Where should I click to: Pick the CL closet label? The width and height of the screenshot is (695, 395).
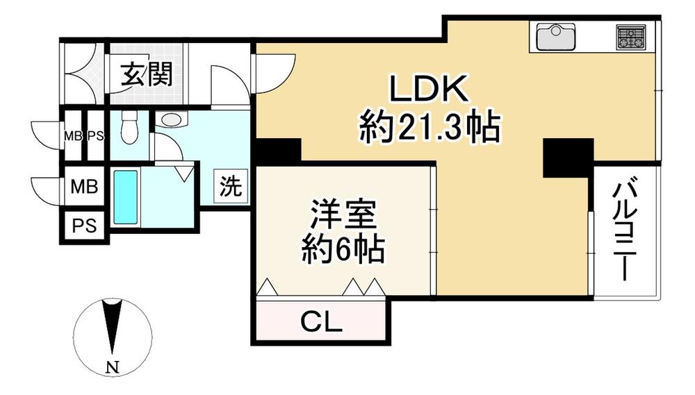click(x=320, y=322)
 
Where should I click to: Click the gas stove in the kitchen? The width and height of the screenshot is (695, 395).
click(x=630, y=37)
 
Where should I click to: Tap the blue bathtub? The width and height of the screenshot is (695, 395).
click(x=126, y=197)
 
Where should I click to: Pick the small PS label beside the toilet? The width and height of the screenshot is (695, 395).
click(x=95, y=136)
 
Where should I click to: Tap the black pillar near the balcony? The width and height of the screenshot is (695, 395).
click(x=568, y=158)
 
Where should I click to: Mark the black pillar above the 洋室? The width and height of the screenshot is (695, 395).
click(x=278, y=151)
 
